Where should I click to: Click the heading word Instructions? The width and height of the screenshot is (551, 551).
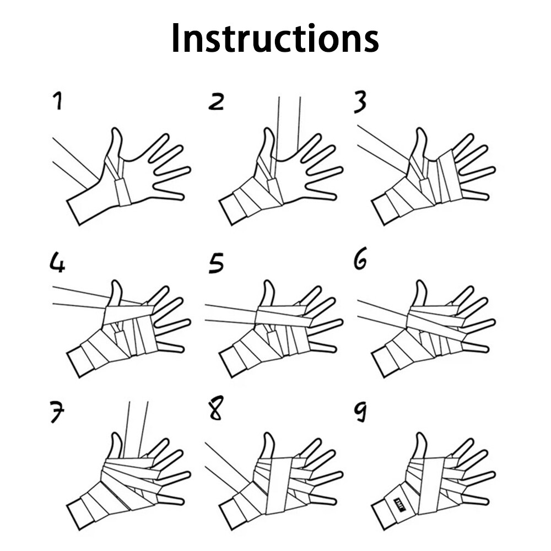(x=275, y=39)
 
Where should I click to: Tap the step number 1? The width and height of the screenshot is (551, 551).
(x=57, y=100)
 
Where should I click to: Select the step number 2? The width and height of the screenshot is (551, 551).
(x=216, y=101)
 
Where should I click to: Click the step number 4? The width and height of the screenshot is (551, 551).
(x=58, y=263)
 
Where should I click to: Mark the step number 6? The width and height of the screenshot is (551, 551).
(x=360, y=258)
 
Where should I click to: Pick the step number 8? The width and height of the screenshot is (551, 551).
(x=216, y=408)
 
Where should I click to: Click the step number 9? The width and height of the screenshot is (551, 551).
(x=360, y=413)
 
